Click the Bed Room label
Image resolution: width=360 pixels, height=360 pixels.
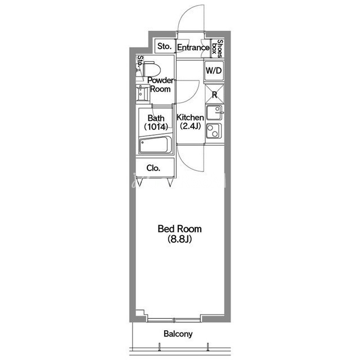coord(179,229)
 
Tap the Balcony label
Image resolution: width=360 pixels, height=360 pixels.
coord(178,334)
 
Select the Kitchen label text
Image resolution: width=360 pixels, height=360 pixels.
coord(190,118)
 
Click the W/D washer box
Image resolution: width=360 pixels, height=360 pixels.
coord(214,70)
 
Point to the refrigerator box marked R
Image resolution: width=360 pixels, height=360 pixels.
coord(214,94)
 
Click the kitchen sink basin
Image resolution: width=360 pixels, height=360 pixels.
coord(214,112)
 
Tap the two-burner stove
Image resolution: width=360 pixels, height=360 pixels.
coord(214,131)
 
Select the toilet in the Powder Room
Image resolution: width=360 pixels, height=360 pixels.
coord(151,69)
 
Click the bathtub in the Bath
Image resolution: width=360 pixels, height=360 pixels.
coord(155,145)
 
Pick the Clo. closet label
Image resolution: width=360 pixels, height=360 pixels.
coord(153,168)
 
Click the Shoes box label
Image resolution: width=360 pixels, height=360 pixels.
coord(217,49)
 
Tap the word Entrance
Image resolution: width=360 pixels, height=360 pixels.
coord(193,47)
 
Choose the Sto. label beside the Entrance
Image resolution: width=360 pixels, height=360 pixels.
coord(164,46)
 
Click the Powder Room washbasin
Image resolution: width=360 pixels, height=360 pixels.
coord(142,93)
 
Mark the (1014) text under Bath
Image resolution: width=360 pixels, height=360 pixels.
coord(156,127)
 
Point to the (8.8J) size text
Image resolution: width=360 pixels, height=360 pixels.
coord(179,239)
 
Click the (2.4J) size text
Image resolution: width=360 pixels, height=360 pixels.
coord(190,126)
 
